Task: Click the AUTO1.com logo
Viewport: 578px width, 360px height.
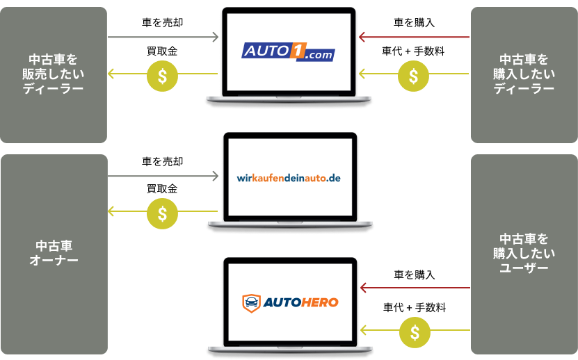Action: tap(288, 51)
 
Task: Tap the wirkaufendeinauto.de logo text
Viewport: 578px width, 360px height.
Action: tap(289, 179)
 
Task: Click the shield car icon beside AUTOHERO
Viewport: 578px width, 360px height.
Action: tap(251, 303)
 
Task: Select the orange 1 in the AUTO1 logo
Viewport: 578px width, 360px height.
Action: tap(298, 50)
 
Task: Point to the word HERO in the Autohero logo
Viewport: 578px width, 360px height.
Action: tap(319, 303)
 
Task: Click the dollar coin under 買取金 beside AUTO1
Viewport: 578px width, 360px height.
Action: tap(162, 76)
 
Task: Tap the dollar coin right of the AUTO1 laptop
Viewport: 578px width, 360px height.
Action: tap(414, 76)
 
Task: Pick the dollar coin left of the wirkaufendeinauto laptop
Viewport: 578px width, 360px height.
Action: tap(162, 214)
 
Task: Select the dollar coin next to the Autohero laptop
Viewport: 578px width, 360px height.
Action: tap(415, 332)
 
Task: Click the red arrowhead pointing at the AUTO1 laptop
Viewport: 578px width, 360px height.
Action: tap(362, 37)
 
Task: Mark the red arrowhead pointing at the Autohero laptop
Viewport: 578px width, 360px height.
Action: tap(363, 288)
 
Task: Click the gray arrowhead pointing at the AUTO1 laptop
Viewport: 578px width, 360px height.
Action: tap(216, 37)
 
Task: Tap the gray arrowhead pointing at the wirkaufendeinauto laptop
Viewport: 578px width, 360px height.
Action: tap(216, 176)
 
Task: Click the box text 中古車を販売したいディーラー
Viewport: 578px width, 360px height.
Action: tap(53, 74)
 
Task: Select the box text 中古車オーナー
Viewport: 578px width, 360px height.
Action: tap(54, 253)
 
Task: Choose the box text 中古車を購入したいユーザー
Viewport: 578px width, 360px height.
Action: tap(524, 254)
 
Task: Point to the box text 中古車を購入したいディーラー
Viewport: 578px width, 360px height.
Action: tap(524, 74)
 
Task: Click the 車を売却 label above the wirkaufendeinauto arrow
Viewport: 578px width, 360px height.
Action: tap(163, 161)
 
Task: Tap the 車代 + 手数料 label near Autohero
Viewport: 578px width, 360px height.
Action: tap(415, 307)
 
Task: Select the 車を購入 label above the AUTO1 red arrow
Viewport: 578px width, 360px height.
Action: tap(415, 23)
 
